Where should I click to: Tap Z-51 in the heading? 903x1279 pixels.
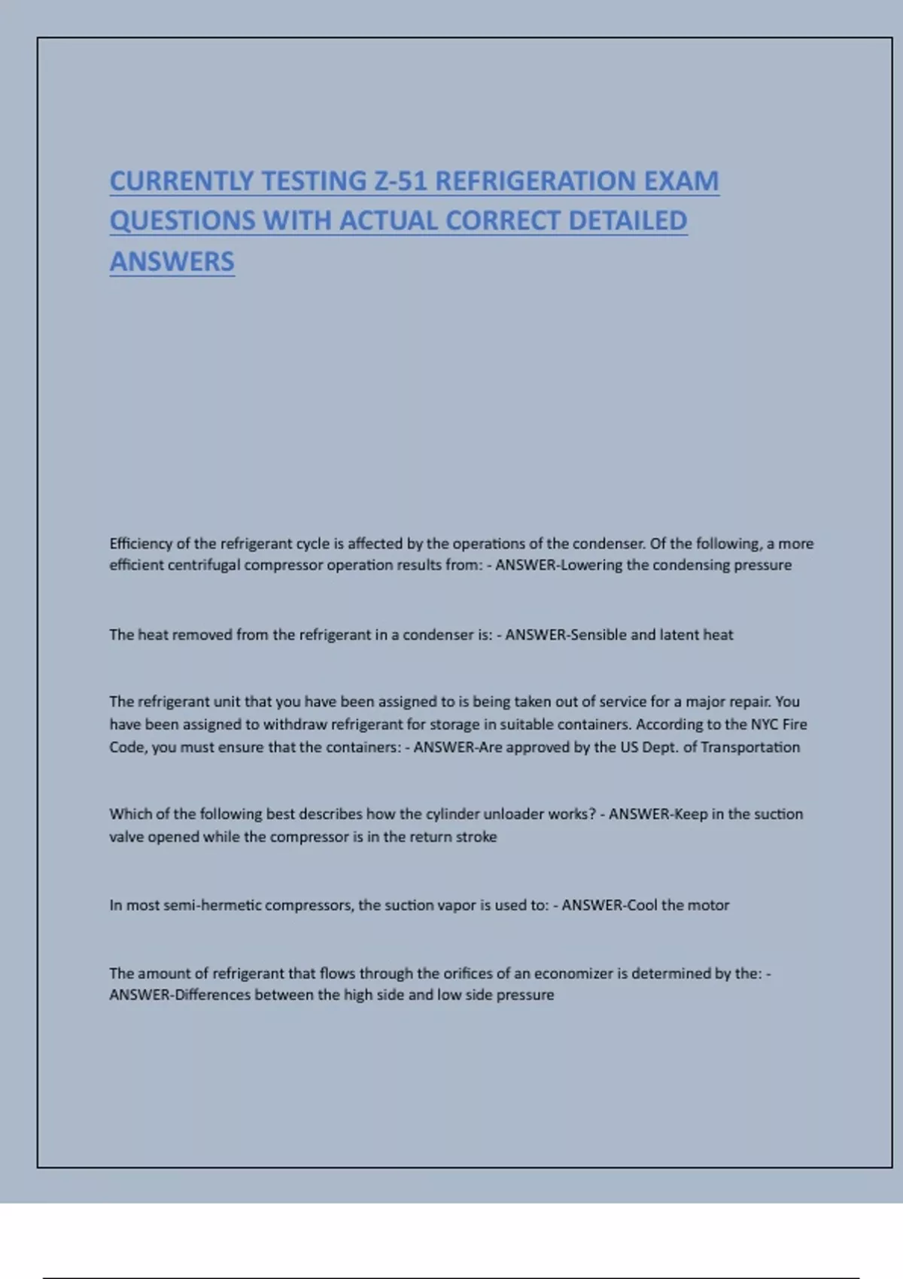click(400, 181)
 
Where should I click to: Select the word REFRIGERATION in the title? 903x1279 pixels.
click(535, 181)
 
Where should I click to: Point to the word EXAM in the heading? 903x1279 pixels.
click(681, 181)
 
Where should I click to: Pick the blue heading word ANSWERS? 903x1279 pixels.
click(172, 262)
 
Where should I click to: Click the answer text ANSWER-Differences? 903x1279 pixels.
click(180, 995)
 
